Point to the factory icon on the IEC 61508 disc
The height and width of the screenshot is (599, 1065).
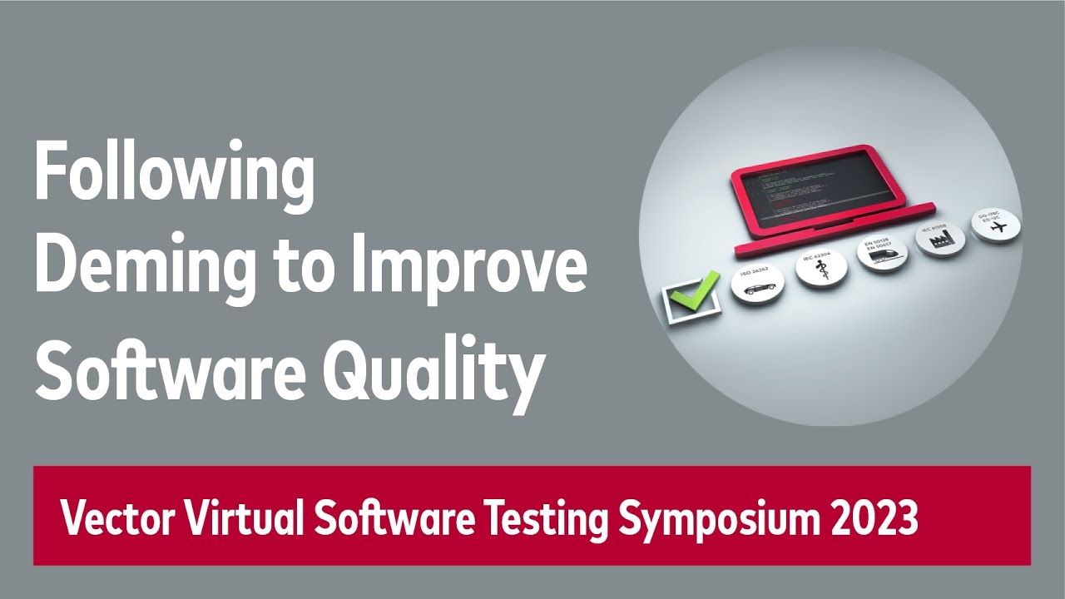pos(941,241)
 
